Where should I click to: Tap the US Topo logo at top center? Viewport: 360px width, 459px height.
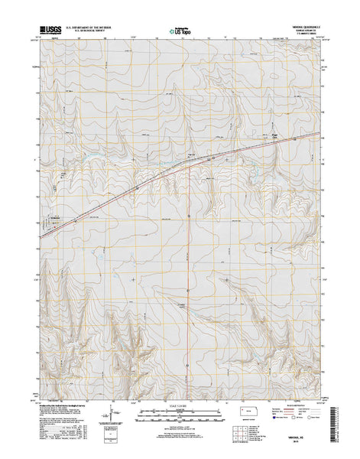(180, 33)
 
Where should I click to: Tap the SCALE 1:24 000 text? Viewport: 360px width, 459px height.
(180, 408)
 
